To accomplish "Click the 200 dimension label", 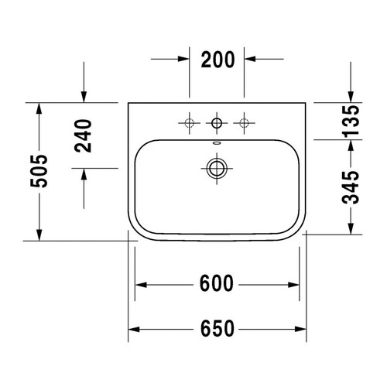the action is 217,60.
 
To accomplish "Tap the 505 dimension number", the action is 39,171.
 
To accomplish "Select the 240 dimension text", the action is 83,135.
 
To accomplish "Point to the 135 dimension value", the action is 351,120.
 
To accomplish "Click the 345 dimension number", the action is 351,187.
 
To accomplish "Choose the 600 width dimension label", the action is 217,283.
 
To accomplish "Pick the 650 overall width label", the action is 217,328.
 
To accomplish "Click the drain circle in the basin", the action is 217,169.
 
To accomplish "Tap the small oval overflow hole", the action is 217,142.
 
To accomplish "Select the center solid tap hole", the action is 217,123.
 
